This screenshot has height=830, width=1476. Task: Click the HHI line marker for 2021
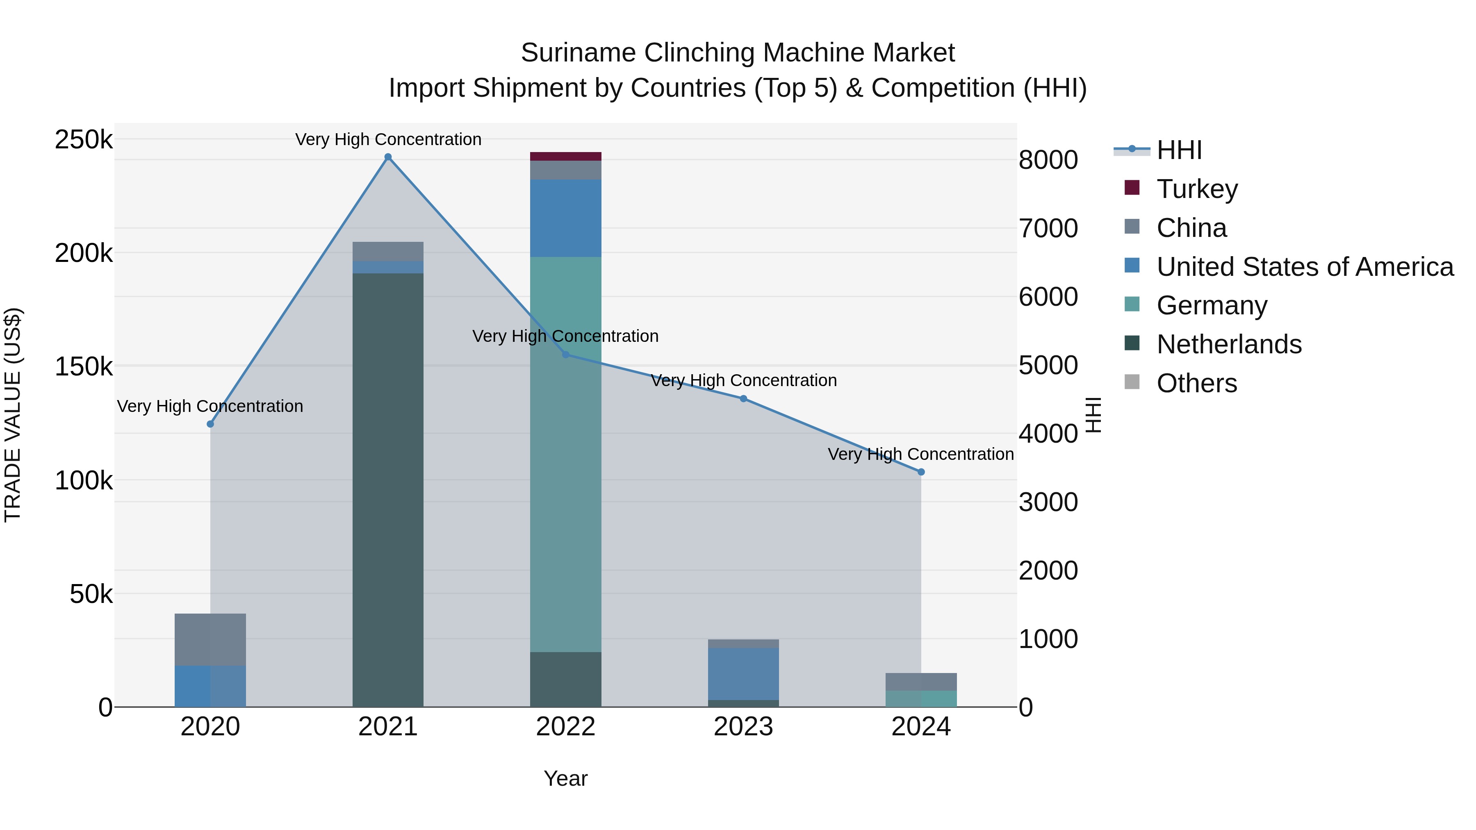point(388,157)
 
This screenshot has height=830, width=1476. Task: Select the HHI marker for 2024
point(921,472)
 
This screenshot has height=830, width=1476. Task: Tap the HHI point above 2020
point(210,424)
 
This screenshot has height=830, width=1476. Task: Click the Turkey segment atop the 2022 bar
point(565,157)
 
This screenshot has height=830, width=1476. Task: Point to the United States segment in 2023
point(743,673)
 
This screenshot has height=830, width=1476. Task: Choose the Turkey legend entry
point(1196,189)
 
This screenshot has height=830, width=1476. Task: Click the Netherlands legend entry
point(1228,344)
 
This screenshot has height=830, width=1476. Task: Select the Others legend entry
point(1196,383)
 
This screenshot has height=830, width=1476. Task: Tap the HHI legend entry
point(1179,150)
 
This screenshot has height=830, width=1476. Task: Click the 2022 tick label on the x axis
point(565,727)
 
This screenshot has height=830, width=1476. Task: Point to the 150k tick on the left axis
point(84,366)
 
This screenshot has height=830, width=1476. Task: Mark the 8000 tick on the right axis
point(1048,160)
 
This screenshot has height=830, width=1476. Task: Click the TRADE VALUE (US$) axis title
point(13,415)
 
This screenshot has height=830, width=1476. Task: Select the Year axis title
point(565,778)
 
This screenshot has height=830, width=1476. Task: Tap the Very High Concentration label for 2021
point(388,139)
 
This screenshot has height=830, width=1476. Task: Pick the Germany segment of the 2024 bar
point(921,699)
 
